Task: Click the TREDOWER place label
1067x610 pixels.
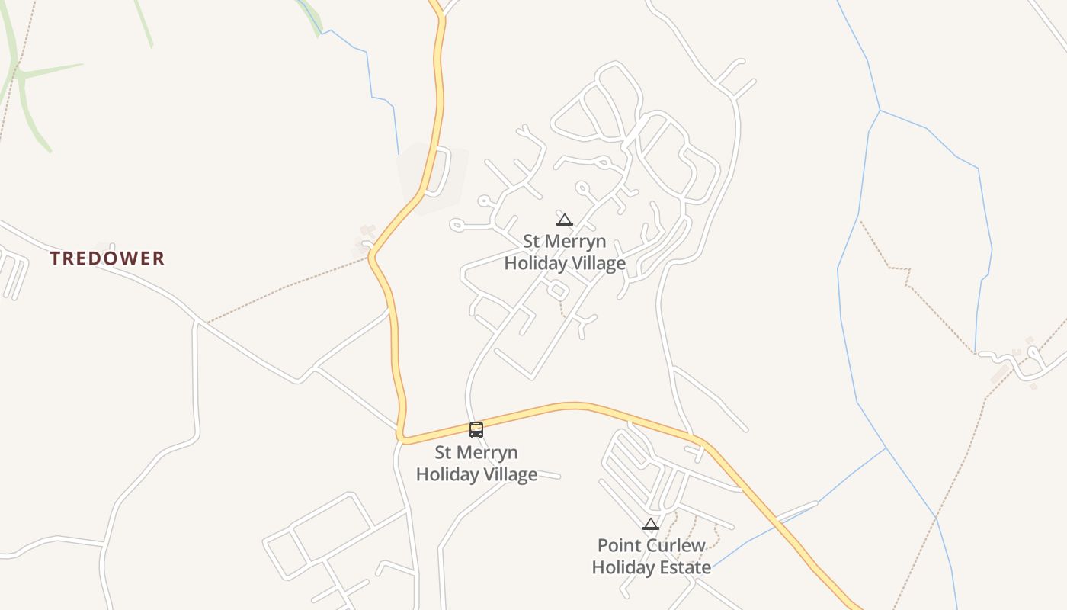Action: coord(107,258)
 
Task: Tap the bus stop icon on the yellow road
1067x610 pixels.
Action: coord(476,430)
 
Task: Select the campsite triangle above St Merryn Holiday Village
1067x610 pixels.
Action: coord(564,220)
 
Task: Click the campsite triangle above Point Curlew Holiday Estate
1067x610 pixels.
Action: coord(650,524)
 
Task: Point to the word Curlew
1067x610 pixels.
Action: coord(673,546)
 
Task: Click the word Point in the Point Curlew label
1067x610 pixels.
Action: coord(617,546)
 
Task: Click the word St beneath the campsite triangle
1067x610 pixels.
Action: coord(532,242)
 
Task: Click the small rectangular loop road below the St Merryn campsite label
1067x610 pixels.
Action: coord(557,290)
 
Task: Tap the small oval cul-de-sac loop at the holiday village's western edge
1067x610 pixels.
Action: coord(457,225)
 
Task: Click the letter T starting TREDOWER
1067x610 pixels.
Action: coord(56,258)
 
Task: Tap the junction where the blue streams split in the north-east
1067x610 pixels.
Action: coord(880,111)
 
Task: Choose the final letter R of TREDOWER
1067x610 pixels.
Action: coord(159,258)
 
